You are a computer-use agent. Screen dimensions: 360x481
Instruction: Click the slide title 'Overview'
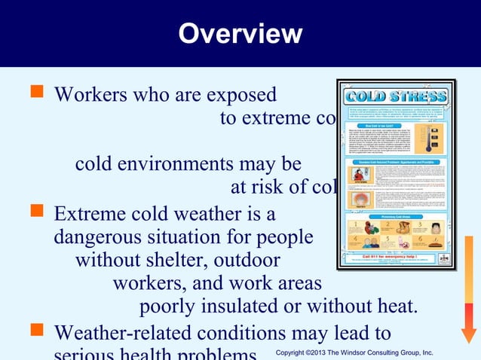(240, 33)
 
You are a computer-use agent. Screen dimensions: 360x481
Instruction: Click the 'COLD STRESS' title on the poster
(395, 98)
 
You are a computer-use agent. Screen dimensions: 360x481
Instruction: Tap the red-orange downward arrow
(469, 290)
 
